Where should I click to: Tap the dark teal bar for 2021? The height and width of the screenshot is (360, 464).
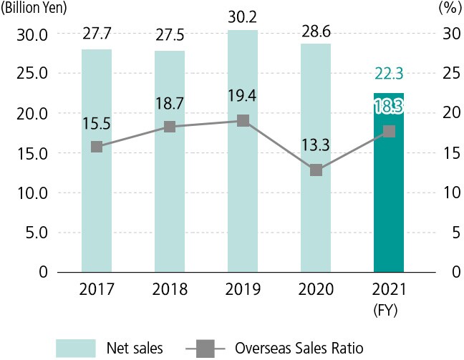tap(389, 208)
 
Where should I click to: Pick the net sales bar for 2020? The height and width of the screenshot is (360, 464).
tap(316, 215)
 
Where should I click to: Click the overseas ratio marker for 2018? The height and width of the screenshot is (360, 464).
tap(170, 127)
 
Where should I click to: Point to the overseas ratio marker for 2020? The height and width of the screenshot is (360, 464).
tap(316, 170)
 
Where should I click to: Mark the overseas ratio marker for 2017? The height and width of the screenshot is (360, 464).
tap(97, 147)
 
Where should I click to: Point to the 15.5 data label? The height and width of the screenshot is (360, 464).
tap(97, 125)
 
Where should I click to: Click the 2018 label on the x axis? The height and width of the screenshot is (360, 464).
tap(170, 291)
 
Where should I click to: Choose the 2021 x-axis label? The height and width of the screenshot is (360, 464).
tap(389, 291)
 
